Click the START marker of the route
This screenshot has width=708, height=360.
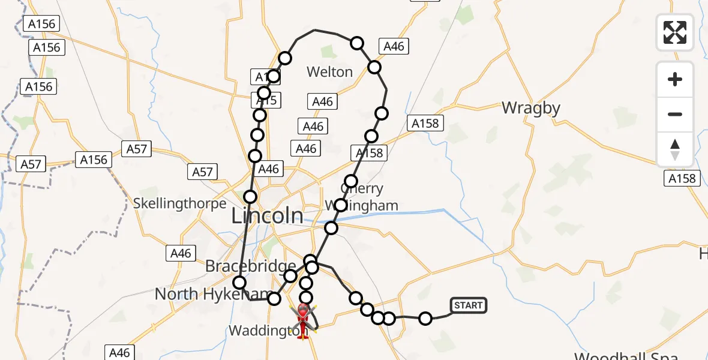(468, 305)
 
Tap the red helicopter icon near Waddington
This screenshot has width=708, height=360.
(303, 319)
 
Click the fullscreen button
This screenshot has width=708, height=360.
(675, 32)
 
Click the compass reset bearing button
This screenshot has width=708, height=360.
(675, 149)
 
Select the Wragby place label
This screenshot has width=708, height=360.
(531, 108)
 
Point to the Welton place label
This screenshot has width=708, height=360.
(329, 72)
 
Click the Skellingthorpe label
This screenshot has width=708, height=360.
(180, 203)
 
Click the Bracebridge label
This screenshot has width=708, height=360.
(251, 266)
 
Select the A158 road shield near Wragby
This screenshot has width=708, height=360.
(425, 124)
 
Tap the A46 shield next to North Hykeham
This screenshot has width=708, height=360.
(181, 253)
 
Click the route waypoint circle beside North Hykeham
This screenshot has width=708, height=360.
(240, 282)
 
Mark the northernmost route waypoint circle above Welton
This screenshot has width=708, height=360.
(357, 43)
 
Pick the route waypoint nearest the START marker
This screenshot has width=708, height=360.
(425, 318)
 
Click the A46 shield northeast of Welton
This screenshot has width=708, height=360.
(394, 46)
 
